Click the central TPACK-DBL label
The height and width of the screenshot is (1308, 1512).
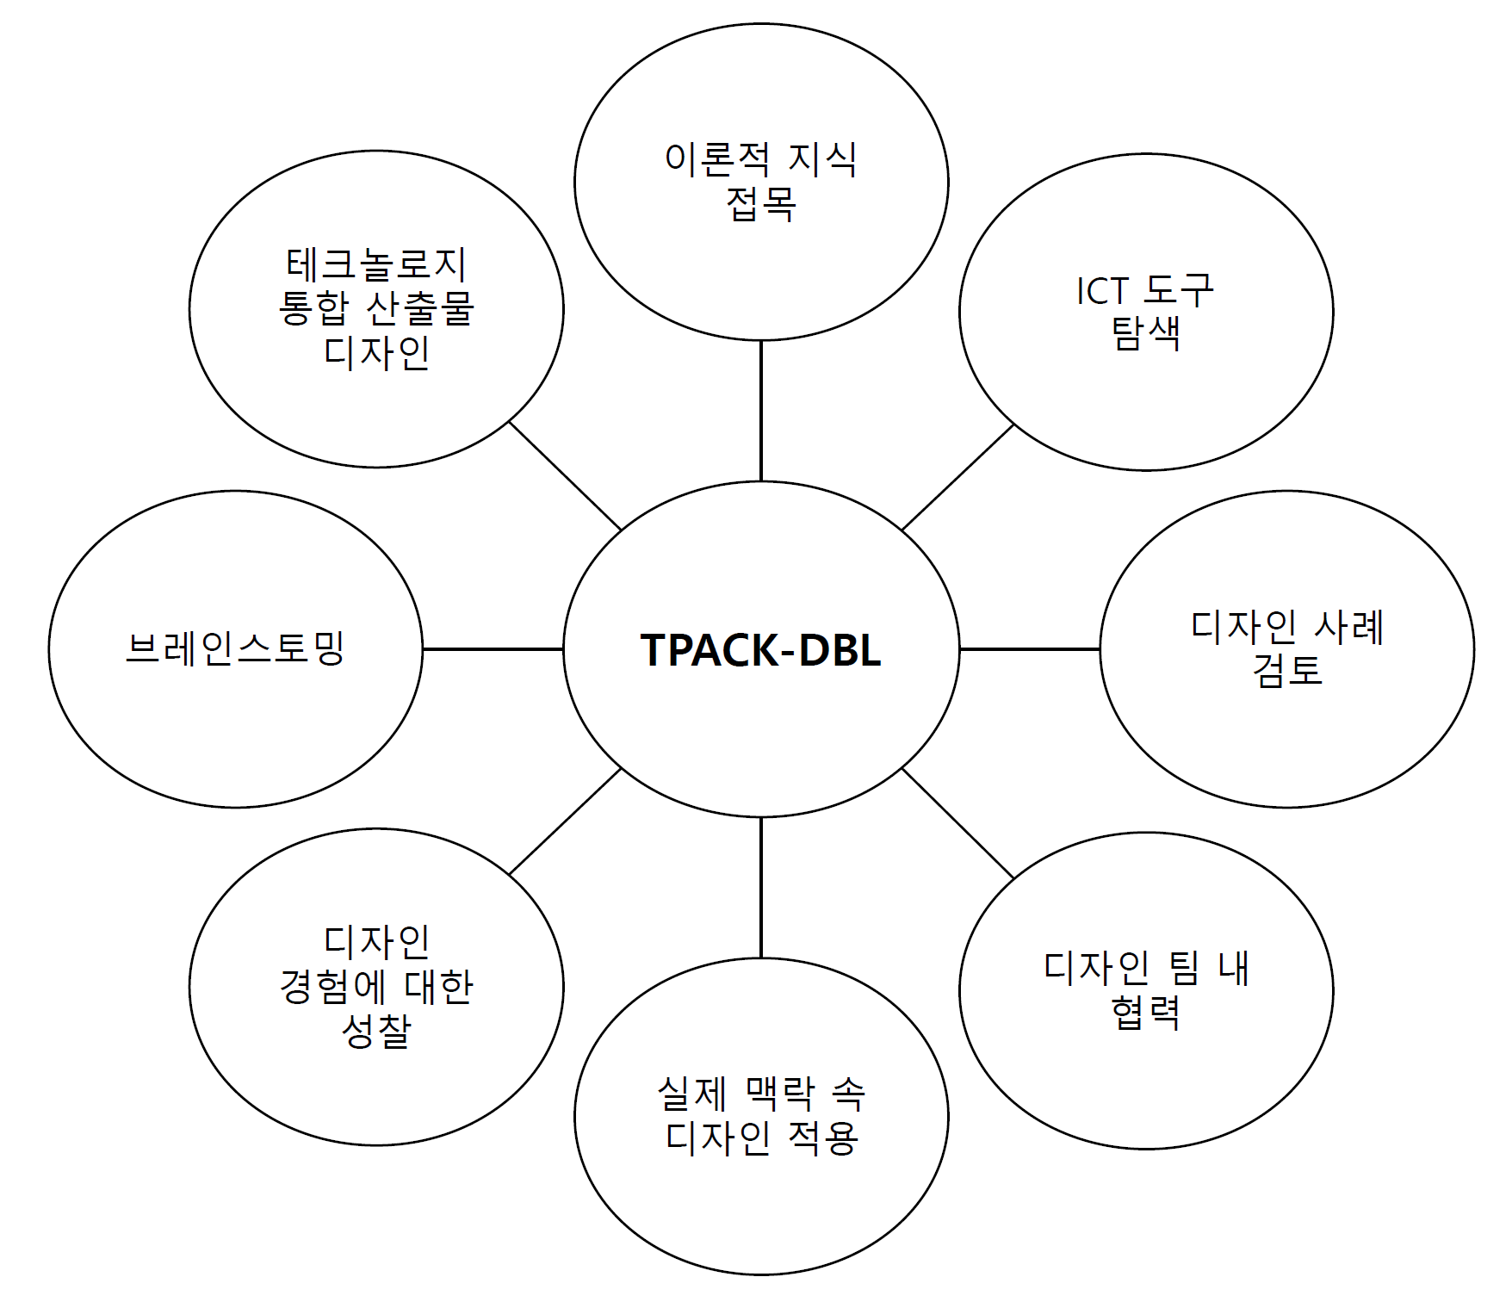[760, 650]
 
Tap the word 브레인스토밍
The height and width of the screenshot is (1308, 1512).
[235, 648]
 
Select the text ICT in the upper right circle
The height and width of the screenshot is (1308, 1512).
[1102, 291]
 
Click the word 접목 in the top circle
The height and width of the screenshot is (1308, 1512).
[761, 204]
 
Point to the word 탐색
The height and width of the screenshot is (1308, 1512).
[1146, 333]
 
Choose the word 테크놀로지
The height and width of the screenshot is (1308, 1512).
[376, 264]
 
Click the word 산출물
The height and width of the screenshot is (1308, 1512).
[420, 308]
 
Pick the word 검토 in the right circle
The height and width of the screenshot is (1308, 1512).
[1286, 669]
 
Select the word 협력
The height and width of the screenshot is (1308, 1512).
[1145, 1012]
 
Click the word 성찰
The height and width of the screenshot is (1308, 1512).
[376, 1030]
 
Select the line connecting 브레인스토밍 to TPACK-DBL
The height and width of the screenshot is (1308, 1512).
[493, 649]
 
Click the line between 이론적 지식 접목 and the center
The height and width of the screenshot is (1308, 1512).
[761, 410]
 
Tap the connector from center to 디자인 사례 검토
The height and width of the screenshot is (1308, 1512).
[1030, 649]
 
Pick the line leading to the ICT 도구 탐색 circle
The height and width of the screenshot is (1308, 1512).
[957, 477]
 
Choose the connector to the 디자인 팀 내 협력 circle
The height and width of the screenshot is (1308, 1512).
[958, 823]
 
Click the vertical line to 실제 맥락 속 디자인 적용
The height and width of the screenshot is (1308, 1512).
[761, 887]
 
